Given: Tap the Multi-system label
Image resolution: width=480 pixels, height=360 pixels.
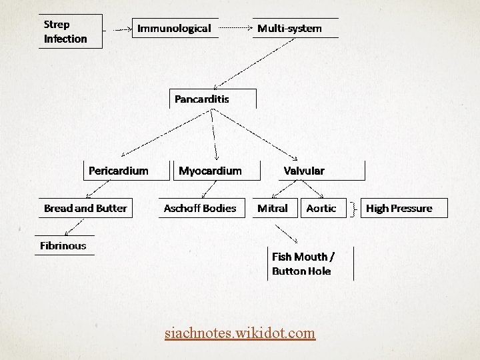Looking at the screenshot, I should pyautogui.click(x=289, y=28).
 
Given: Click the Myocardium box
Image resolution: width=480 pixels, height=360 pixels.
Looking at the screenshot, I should pyautogui.click(x=210, y=171).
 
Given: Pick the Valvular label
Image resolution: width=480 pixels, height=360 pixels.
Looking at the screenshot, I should pyautogui.click(x=304, y=171).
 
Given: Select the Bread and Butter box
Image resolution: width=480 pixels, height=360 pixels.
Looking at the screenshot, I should pyautogui.click(x=85, y=208).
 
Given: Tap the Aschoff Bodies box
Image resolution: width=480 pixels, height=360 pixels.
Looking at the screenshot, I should pyautogui.click(x=200, y=208).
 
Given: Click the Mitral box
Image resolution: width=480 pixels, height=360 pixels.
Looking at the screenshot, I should pyautogui.click(x=273, y=208).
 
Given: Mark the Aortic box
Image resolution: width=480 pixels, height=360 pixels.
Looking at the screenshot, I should pyautogui.click(x=321, y=208).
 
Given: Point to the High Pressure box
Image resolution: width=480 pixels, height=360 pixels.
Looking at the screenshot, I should pyautogui.click(x=399, y=208).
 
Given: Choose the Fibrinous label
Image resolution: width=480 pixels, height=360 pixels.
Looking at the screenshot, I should pyautogui.click(x=63, y=245).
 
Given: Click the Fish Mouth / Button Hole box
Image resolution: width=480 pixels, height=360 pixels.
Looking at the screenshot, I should pyautogui.click(x=303, y=263).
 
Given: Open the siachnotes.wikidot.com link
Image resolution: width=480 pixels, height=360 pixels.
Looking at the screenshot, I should pyautogui.click(x=240, y=331).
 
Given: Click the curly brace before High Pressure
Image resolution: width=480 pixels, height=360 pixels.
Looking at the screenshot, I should pyautogui.click(x=352, y=209).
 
